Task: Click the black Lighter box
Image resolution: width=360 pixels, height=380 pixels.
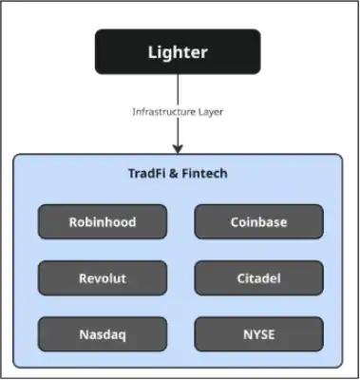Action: click(x=178, y=51)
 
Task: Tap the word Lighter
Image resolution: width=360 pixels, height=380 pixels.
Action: click(x=178, y=52)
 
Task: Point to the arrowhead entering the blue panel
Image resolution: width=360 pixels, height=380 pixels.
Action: click(x=178, y=148)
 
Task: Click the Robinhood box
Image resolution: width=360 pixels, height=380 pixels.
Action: click(x=103, y=221)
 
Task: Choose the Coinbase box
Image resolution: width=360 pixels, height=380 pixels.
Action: click(x=259, y=221)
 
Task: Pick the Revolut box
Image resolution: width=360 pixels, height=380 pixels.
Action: click(x=103, y=278)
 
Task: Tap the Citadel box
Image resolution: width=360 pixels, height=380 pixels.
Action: click(x=259, y=278)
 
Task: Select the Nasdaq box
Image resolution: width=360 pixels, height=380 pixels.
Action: click(x=103, y=334)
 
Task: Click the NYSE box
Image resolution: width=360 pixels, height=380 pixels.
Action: click(x=259, y=334)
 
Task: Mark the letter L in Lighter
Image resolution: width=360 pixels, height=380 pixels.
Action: click(x=153, y=52)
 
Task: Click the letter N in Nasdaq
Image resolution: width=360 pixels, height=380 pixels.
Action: click(x=85, y=334)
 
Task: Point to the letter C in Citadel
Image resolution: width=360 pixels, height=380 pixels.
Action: click(x=241, y=278)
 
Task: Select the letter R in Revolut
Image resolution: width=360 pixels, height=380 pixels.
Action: click(x=84, y=278)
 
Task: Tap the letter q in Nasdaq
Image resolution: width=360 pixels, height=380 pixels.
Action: click(x=122, y=336)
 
